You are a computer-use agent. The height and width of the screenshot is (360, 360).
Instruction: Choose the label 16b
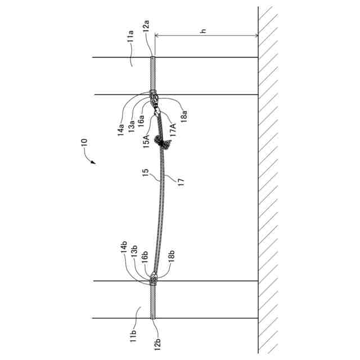pos(145,257)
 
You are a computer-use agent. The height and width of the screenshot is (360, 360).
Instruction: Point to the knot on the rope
pos(165,145)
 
